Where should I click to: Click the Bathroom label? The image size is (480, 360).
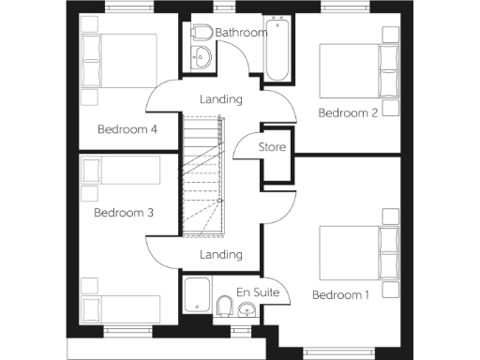pos(242,33)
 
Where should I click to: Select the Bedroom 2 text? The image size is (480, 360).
pos(348,112)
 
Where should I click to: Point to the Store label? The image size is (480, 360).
pos(272,147)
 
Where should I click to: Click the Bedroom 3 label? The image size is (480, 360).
pos(123,213)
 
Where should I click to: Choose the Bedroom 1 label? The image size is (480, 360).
pos(341,295)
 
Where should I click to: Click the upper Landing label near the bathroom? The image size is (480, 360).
pos(222,99)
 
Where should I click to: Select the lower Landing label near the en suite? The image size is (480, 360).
pos(222,254)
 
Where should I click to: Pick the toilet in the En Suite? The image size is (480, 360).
pos(224,306)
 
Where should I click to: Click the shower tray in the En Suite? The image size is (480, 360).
pos(198,296)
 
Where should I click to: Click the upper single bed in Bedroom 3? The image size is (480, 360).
pos(119,172)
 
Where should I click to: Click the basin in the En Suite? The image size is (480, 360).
pos(246,310)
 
